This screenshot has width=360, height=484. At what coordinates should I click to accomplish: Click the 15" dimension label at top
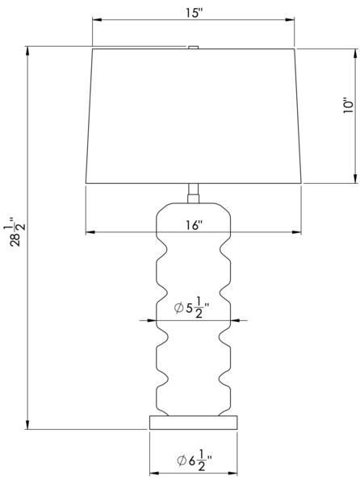[x=194, y=13]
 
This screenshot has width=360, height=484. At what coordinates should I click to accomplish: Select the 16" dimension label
[x=195, y=225]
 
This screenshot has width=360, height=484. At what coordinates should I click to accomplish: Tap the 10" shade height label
[x=348, y=106]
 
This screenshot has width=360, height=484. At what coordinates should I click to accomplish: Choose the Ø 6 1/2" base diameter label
[x=195, y=461]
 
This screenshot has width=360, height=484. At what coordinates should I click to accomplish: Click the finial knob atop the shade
[x=193, y=48]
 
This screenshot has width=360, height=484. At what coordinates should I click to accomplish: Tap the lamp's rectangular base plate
[x=194, y=422]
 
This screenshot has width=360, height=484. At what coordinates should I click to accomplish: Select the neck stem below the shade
[x=194, y=194]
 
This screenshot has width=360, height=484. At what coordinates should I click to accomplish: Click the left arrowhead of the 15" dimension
[x=97, y=19]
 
